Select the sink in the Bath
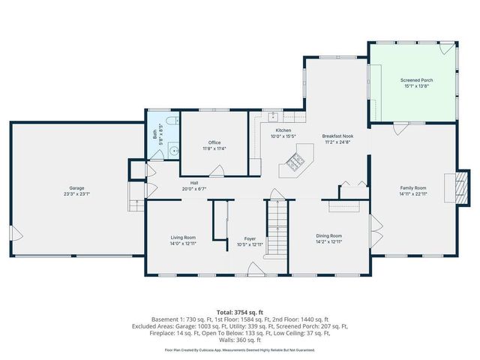[174, 150]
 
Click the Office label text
[214, 142]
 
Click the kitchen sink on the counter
[275, 117]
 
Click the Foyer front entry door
[255, 268]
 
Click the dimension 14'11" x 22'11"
[412, 193]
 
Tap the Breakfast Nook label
[338, 136]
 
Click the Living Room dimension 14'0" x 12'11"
[183, 243]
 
